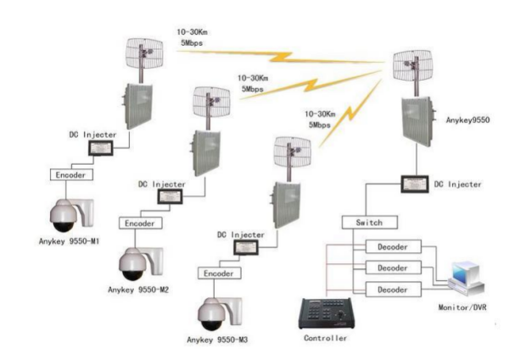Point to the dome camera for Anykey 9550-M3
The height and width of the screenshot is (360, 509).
[x=214, y=312]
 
